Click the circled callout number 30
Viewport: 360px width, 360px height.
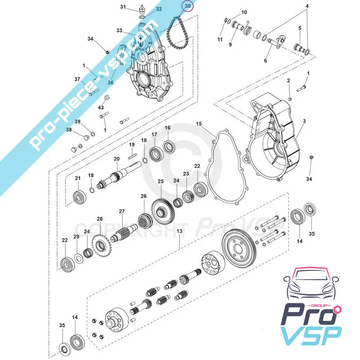tap(187, 6)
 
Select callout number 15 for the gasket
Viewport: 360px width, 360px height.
tap(199, 123)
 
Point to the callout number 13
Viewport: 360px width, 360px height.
tap(179, 231)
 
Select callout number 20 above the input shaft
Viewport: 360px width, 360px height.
tap(116, 159)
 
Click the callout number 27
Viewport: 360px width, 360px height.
tap(121, 211)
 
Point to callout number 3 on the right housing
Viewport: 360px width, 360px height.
tap(304, 121)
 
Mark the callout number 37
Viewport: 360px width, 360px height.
tap(77, 79)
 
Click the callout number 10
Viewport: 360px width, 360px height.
tap(244, 12)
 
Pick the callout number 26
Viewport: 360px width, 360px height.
tap(144, 196)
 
